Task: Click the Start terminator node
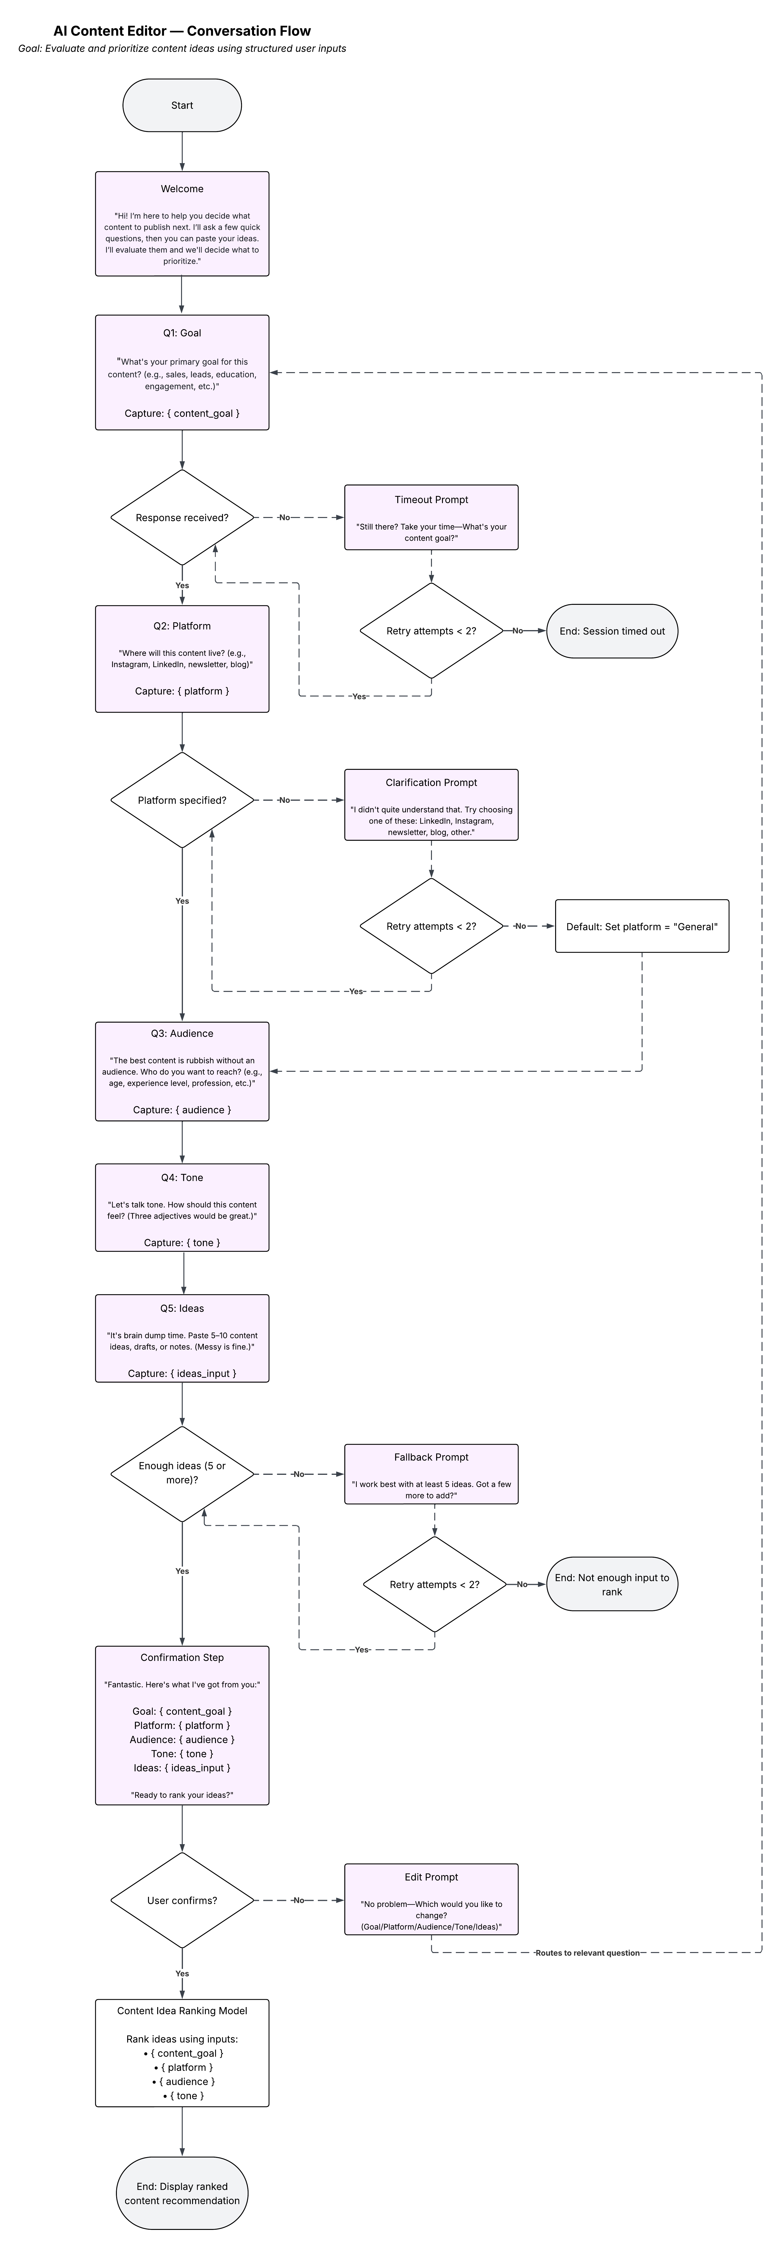pyautogui.click(x=182, y=106)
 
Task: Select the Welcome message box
pyautogui.click(x=182, y=224)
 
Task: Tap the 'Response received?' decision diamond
pyautogui.click(x=182, y=517)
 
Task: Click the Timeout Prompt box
pyautogui.click(x=431, y=517)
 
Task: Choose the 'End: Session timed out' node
pyautogui.click(x=612, y=631)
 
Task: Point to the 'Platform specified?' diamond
pyautogui.click(x=182, y=800)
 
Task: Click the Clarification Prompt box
pyautogui.click(x=431, y=804)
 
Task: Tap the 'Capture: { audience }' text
pyautogui.click(x=182, y=1109)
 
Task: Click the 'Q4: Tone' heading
pyautogui.click(x=182, y=1178)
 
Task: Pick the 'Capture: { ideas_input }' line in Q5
pyautogui.click(x=182, y=1373)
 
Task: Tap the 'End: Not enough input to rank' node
pyautogui.click(x=612, y=1584)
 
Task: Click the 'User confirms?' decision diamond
pyautogui.click(x=182, y=1900)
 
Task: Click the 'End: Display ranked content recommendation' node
pyautogui.click(x=182, y=2193)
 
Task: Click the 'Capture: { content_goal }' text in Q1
pyautogui.click(x=182, y=413)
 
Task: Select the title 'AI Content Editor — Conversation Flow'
pyautogui.click(x=182, y=30)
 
